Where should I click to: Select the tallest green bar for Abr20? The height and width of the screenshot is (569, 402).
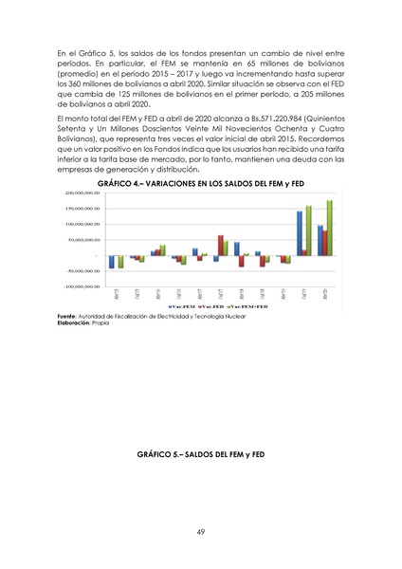pyautogui.click(x=329, y=228)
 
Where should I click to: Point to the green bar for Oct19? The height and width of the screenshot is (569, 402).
pyautogui.click(x=308, y=230)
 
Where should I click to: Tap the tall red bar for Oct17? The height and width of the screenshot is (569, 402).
pyautogui.click(x=221, y=245)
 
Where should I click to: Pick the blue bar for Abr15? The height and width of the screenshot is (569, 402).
pyautogui.click(x=111, y=262)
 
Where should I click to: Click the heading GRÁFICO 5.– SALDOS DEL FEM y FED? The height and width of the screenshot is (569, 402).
pyautogui.click(x=200, y=456)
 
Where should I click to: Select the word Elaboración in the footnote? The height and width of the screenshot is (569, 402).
pyautogui.click(x=73, y=323)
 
